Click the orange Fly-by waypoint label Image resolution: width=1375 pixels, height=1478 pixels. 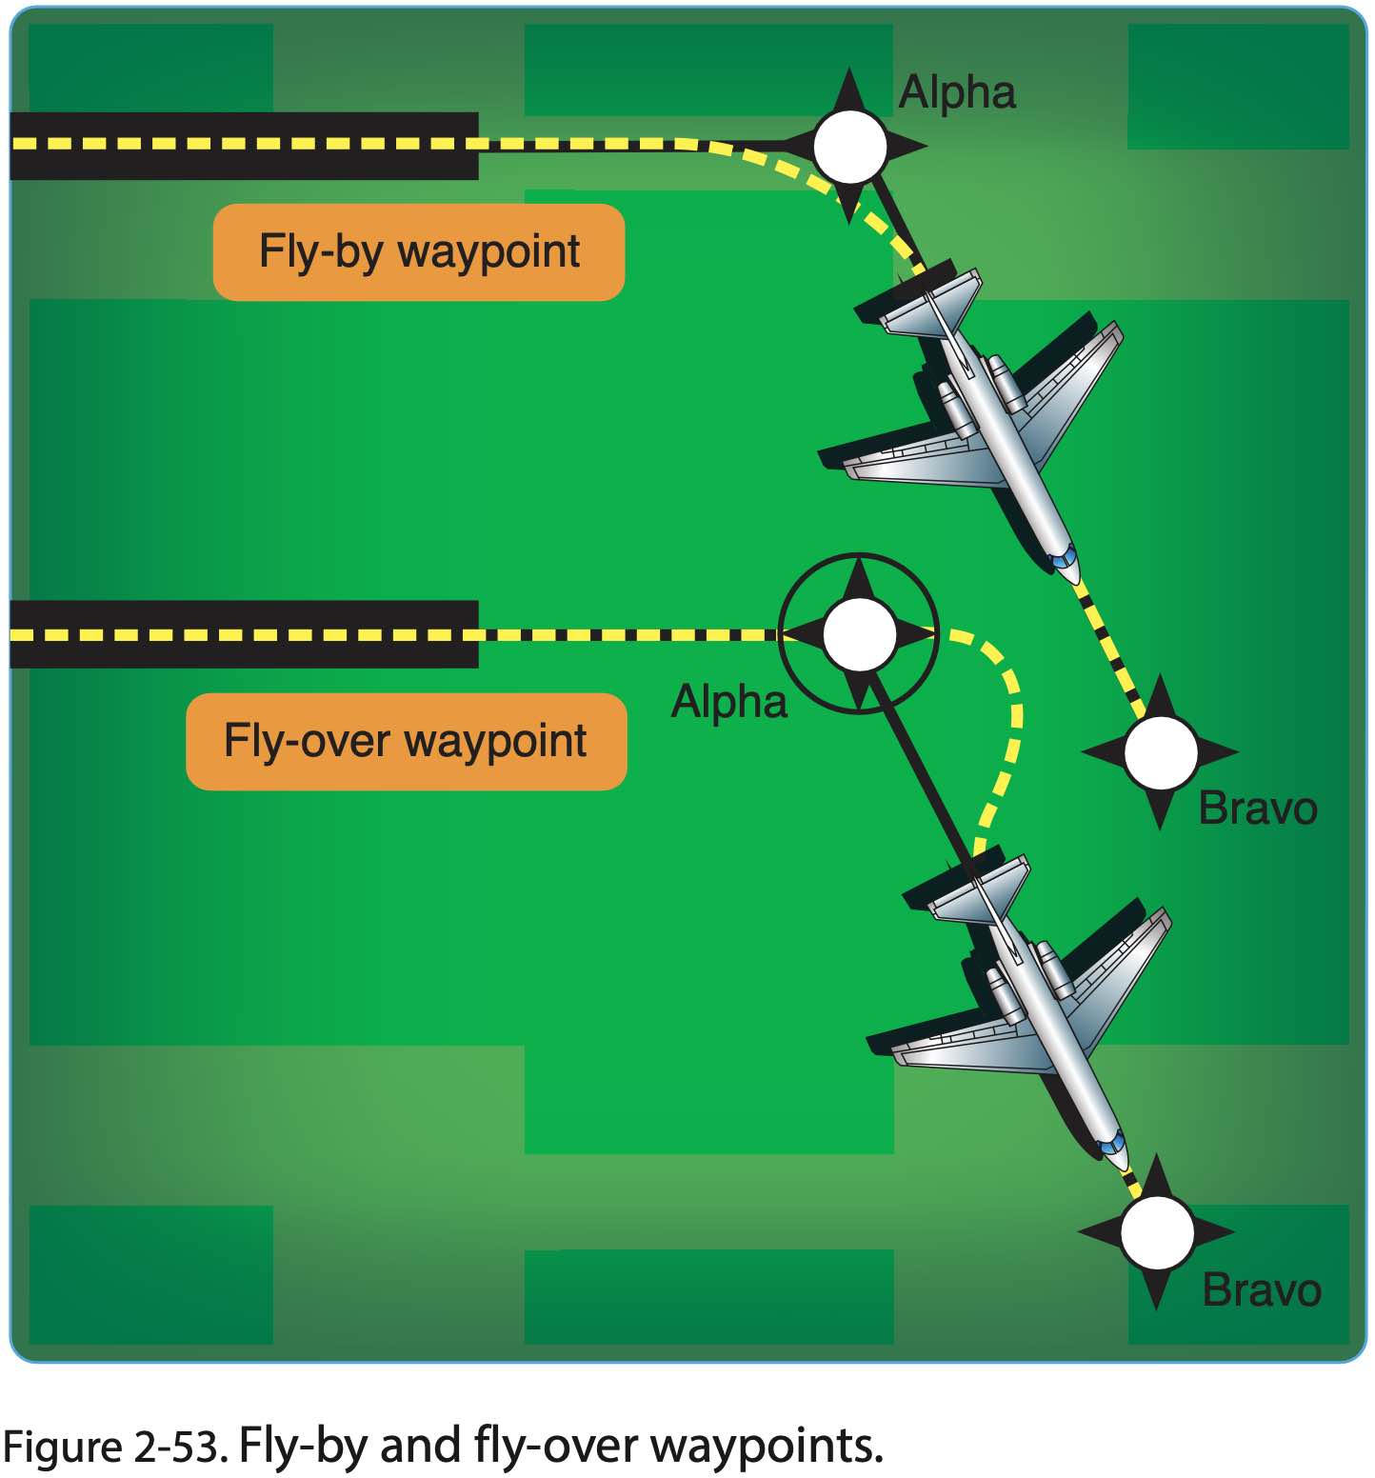coord(419,252)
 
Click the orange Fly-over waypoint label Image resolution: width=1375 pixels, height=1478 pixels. coord(406,742)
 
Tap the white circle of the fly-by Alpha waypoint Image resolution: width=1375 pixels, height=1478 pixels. coord(849,147)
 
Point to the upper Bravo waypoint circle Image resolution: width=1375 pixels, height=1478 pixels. coord(1160,752)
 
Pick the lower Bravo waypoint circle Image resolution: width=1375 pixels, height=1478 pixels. coord(1157,1232)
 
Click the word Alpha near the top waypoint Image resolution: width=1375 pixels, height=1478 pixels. coord(957,93)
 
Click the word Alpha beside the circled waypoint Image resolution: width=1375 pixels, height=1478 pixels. coord(729,703)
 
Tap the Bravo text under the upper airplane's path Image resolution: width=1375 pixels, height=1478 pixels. coord(1257,809)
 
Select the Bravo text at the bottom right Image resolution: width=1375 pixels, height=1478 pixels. coord(1262,1290)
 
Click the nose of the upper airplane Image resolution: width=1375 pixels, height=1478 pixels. coord(1072,571)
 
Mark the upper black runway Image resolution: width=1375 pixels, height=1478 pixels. coord(244,146)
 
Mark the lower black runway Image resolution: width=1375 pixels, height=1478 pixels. coord(244,634)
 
